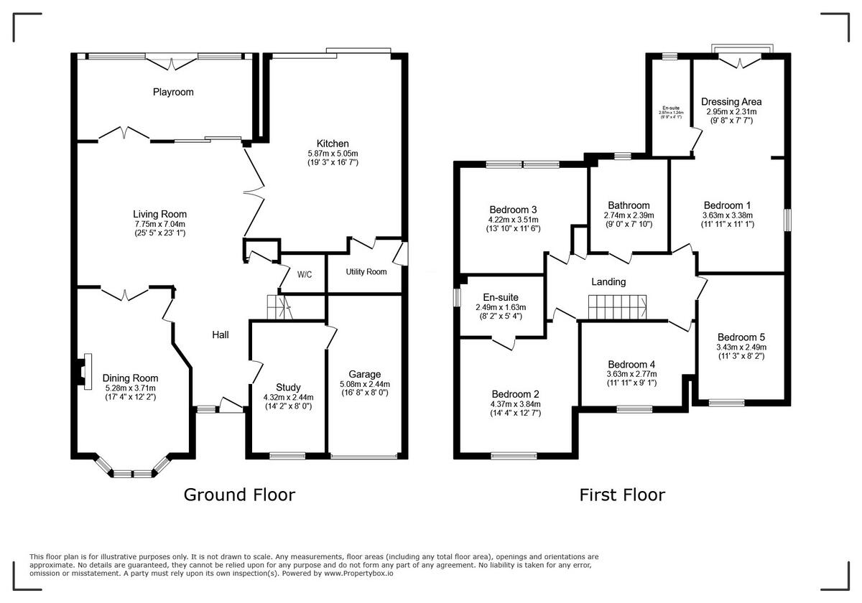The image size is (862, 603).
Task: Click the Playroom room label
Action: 173,92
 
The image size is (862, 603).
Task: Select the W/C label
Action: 305,274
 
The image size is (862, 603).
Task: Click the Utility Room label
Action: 366,272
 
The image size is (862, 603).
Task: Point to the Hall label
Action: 220,335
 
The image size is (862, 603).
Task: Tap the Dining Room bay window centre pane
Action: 132,473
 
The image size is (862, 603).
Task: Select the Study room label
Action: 288,387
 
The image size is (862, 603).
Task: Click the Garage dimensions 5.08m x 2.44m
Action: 365,383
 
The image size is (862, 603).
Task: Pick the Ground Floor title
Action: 239,495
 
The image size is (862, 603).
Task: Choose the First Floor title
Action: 622,495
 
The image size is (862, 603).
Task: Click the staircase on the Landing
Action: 618,307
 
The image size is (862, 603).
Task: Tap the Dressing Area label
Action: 731,102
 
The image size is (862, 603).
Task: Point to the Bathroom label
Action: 629,205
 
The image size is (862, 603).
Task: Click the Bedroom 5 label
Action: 741,337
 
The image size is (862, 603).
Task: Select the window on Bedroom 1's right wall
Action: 787,220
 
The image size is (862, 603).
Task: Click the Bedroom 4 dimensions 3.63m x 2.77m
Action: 631,374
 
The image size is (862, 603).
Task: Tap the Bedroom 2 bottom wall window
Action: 514,455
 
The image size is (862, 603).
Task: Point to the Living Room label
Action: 159,214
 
